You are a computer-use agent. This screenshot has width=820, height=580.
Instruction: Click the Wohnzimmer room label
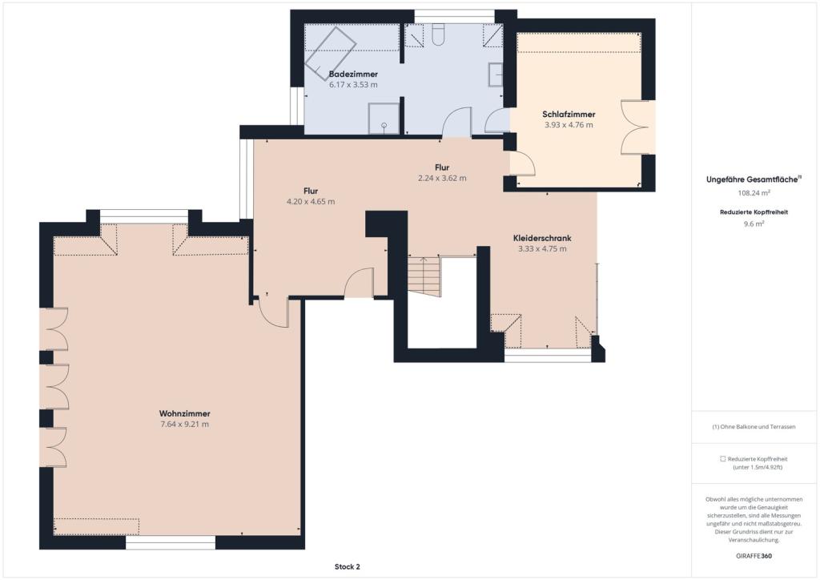(x=185, y=413)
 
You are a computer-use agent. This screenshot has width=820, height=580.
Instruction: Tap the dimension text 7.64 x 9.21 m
(x=185, y=424)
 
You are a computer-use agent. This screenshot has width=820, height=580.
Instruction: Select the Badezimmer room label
(x=353, y=75)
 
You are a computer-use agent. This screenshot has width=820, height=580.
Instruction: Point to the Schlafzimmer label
(x=569, y=114)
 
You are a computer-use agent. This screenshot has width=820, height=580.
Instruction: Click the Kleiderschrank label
(x=542, y=238)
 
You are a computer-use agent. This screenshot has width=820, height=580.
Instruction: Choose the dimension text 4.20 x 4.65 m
(x=311, y=201)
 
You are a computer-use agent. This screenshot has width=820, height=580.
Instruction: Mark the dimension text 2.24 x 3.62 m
(x=442, y=178)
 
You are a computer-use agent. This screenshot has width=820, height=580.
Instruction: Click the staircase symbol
(x=424, y=276)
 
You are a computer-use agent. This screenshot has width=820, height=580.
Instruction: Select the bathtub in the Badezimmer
(x=331, y=52)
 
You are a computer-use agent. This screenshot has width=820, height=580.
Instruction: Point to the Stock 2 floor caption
(x=348, y=566)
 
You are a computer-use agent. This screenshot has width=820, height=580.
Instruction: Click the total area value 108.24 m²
(x=754, y=192)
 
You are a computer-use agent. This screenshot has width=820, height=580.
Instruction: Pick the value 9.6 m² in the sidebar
(x=754, y=224)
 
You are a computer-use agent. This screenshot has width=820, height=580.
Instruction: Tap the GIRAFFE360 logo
(x=754, y=555)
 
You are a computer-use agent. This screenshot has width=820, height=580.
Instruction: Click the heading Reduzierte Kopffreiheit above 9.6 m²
(x=754, y=212)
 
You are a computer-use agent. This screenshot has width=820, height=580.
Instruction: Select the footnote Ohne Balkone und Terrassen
(x=754, y=427)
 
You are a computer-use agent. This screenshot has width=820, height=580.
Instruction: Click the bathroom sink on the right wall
(x=495, y=75)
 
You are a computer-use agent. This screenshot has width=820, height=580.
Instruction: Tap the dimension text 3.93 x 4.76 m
(x=569, y=125)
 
